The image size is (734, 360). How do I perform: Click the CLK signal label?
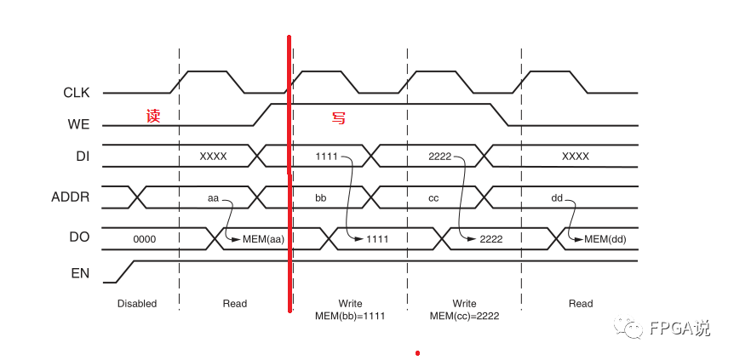tap(77, 93)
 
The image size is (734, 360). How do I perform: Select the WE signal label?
tap(78, 125)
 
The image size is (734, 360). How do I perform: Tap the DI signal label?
tap(83, 157)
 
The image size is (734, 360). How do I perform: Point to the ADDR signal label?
tap(70, 198)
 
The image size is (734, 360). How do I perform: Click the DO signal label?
tap(79, 238)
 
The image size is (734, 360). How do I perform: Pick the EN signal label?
tap(80, 273)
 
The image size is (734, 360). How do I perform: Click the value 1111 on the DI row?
tap(327, 157)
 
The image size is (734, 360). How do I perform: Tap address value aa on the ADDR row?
tap(214, 197)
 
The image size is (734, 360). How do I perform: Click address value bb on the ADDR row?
tap(321, 197)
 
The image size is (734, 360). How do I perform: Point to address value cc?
tap(433, 197)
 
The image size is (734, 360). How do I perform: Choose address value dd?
tap(557, 197)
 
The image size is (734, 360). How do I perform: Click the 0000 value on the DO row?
tap(145, 239)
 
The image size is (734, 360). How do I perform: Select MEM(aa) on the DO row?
tap(263, 239)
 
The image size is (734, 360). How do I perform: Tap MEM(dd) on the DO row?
tap(605, 239)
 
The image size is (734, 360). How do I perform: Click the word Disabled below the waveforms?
tap(137, 303)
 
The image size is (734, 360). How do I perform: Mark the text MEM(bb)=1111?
tap(350, 316)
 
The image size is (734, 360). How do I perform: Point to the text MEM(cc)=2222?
tap(464, 316)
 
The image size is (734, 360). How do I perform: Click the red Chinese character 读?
tap(153, 116)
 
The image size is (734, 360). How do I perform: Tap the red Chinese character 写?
tap(339, 117)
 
